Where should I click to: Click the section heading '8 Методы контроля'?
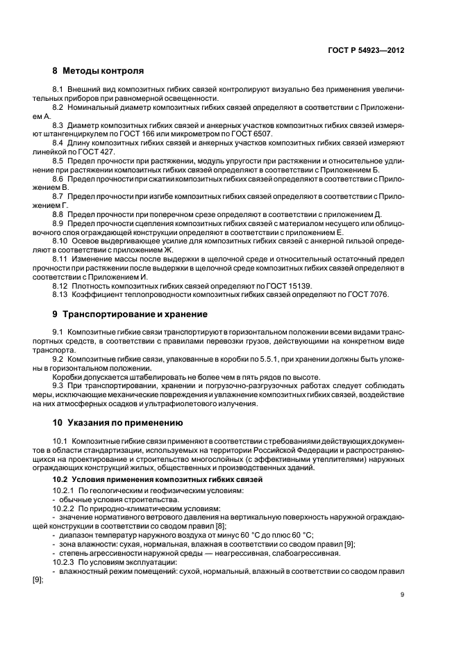coord(99,71)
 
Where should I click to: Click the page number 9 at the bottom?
coord(403,595)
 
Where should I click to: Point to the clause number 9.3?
coord(59,386)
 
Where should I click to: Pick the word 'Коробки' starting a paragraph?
coord(69,377)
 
